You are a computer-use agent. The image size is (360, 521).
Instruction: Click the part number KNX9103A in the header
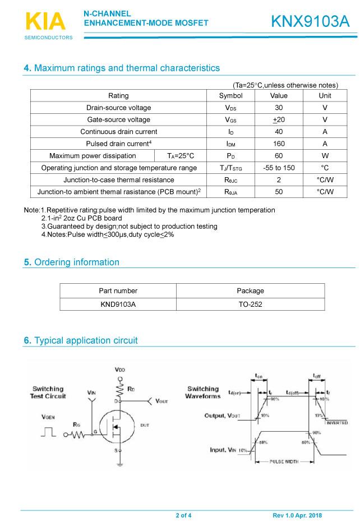point(310,21)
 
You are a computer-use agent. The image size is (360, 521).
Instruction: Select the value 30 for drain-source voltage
point(278,108)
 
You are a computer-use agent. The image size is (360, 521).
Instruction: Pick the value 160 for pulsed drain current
point(278,144)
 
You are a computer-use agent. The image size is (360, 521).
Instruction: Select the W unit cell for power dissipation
point(325,155)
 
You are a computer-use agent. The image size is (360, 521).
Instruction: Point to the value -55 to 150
point(278,168)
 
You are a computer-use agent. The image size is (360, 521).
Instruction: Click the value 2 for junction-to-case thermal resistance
point(278,179)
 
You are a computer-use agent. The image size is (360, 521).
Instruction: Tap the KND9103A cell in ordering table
point(118,305)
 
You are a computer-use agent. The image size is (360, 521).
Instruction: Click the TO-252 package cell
point(250,305)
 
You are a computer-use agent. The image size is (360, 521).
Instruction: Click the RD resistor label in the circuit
point(131,388)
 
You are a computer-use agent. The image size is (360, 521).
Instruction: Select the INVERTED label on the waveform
point(336,422)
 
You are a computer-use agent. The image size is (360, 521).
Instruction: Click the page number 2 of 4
point(183,515)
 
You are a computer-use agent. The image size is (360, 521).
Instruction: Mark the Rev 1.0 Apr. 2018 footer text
point(297,515)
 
